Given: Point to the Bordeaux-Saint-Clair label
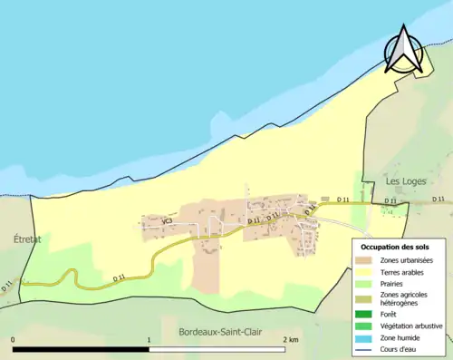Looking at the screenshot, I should [x=220, y=330].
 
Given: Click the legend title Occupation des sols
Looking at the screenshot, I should [x=397, y=247].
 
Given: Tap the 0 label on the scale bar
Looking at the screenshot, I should [x=14, y=339].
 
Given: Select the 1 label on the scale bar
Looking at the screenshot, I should [x=149, y=339].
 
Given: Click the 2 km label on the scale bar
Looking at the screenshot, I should [x=291, y=339].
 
